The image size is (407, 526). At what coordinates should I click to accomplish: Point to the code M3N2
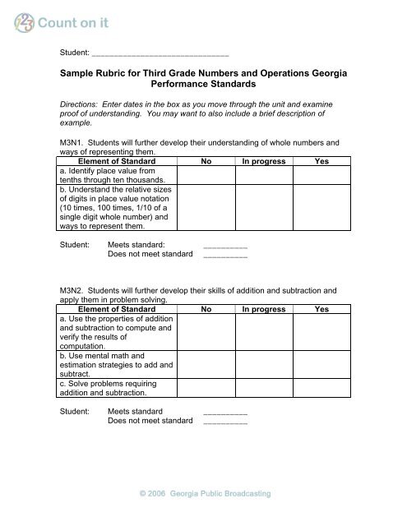click(x=74, y=313)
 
